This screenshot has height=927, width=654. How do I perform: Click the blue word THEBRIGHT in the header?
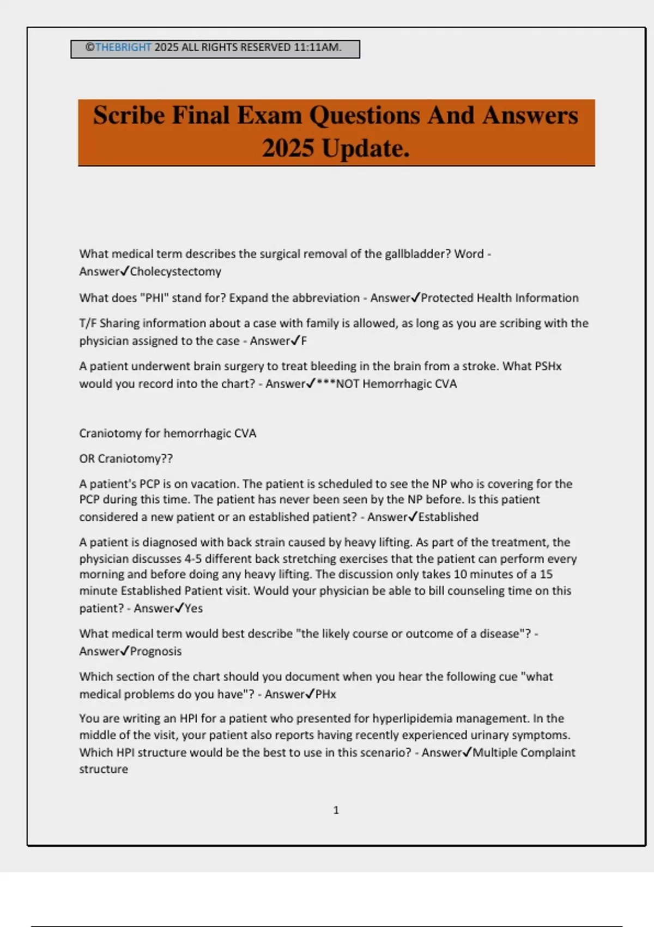(x=123, y=47)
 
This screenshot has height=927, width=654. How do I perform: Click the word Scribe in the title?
(x=129, y=116)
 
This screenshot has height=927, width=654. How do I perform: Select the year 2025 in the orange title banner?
(x=287, y=148)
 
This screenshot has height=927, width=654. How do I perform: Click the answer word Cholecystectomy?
(x=175, y=272)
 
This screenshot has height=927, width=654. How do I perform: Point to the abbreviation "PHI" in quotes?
(x=154, y=298)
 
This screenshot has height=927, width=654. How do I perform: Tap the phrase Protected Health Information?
(x=499, y=298)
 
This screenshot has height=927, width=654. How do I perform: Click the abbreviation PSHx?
(x=548, y=366)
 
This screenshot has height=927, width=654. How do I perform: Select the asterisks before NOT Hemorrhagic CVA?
(x=325, y=384)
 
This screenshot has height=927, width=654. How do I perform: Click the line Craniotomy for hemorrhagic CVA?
(x=167, y=434)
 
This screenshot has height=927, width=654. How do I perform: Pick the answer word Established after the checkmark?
(x=448, y=517)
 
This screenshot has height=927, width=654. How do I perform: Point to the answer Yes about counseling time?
(x=193, y=609)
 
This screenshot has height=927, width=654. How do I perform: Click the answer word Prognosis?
(x=155, y=651)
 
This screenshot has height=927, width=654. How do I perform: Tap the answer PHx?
(x=325, y=694)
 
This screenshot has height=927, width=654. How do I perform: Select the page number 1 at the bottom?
(x=336, y=810)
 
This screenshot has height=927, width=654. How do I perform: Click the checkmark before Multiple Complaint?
(x=467, y=753)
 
